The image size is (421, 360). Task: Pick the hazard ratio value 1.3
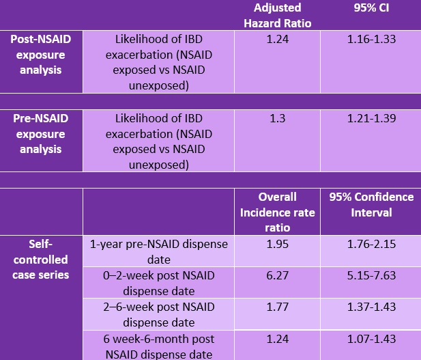(x=277, y=118)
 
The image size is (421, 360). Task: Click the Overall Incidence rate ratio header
(x=277, y=212)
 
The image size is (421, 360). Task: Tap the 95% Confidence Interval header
(x=371, y=205)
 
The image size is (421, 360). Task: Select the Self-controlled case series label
(x=40, y=259)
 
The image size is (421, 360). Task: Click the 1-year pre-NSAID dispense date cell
(x=159, y=251)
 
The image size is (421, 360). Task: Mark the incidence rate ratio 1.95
(x=277, y=244)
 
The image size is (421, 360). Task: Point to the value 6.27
(x=277, y=275)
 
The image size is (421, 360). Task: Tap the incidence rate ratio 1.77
(x=277, y=307)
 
